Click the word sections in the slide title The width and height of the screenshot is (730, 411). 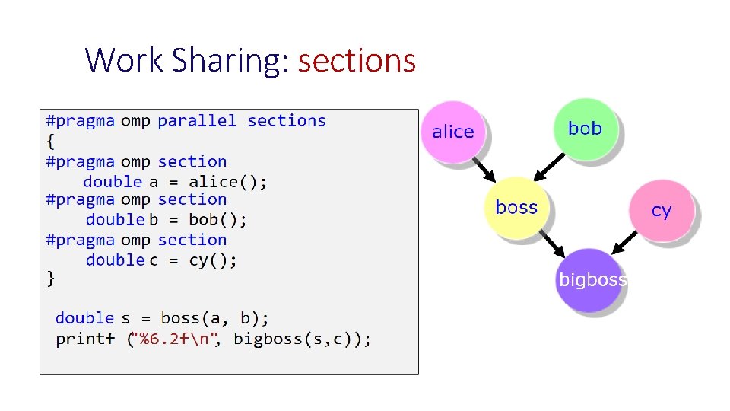(x=357, y=61)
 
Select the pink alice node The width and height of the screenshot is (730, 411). (x=453, y=132)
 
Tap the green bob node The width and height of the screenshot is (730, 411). (x=585, y=129)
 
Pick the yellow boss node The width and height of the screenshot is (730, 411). (x=516, y=208)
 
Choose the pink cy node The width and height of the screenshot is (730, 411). (x=661, y=210)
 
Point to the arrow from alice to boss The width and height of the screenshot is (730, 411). (x=483, y=167)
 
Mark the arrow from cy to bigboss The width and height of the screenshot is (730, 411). (x=626, y=243)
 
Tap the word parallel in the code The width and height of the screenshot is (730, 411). (x=197, y=121)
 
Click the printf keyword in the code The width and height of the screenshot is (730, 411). (x=85, y=339)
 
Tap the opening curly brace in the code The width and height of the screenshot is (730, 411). (x=50, y=141)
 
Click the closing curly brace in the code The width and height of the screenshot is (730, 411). (x=50, y=279)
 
